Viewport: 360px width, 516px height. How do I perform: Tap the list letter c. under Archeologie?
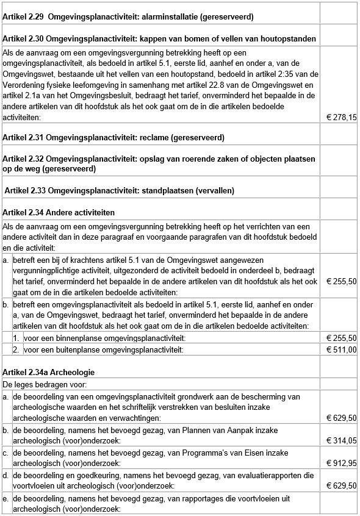pos(6,453)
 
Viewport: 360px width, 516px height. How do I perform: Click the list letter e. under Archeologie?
pos(6,498)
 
